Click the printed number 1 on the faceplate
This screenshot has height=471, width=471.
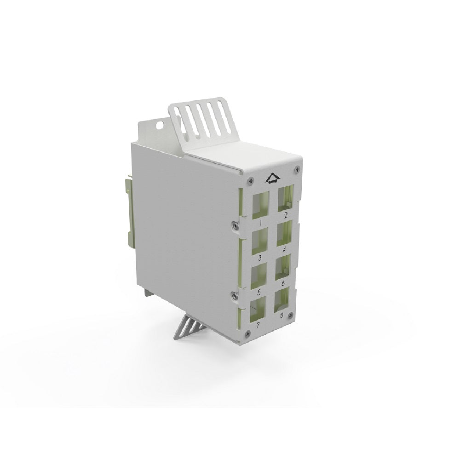(x=260, y=223)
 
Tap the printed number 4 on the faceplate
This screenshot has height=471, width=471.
(x=284, y=250)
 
